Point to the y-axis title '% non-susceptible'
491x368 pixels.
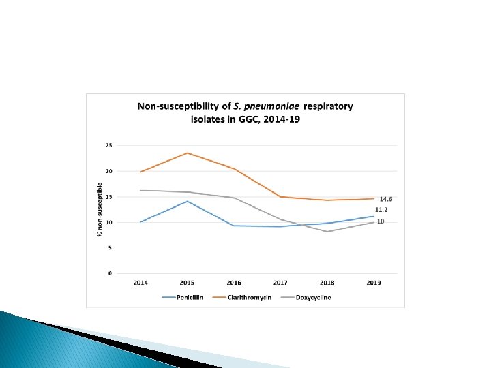(x=100, y=209)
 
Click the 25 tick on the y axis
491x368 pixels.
(x=109, y=145)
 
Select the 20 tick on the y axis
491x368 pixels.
(x=109, y=171)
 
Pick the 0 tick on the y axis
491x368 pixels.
(x=110, y=273)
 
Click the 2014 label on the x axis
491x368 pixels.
(x=140, y=282)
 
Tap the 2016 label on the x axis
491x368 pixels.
(x=234, y=282)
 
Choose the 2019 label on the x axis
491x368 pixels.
(x=374, y=282)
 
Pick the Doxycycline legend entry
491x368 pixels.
(x=314, y=297)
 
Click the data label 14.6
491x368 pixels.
(x=386, y=199)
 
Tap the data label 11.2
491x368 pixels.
(x=382, y=210)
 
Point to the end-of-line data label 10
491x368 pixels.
(x=381, y=222)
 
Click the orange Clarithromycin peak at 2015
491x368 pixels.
(x=188, y=153)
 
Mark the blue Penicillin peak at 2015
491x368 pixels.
(x=188, y=201)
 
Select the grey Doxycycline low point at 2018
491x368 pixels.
(x=327, y=232)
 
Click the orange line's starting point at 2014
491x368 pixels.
(x=140, y=172)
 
